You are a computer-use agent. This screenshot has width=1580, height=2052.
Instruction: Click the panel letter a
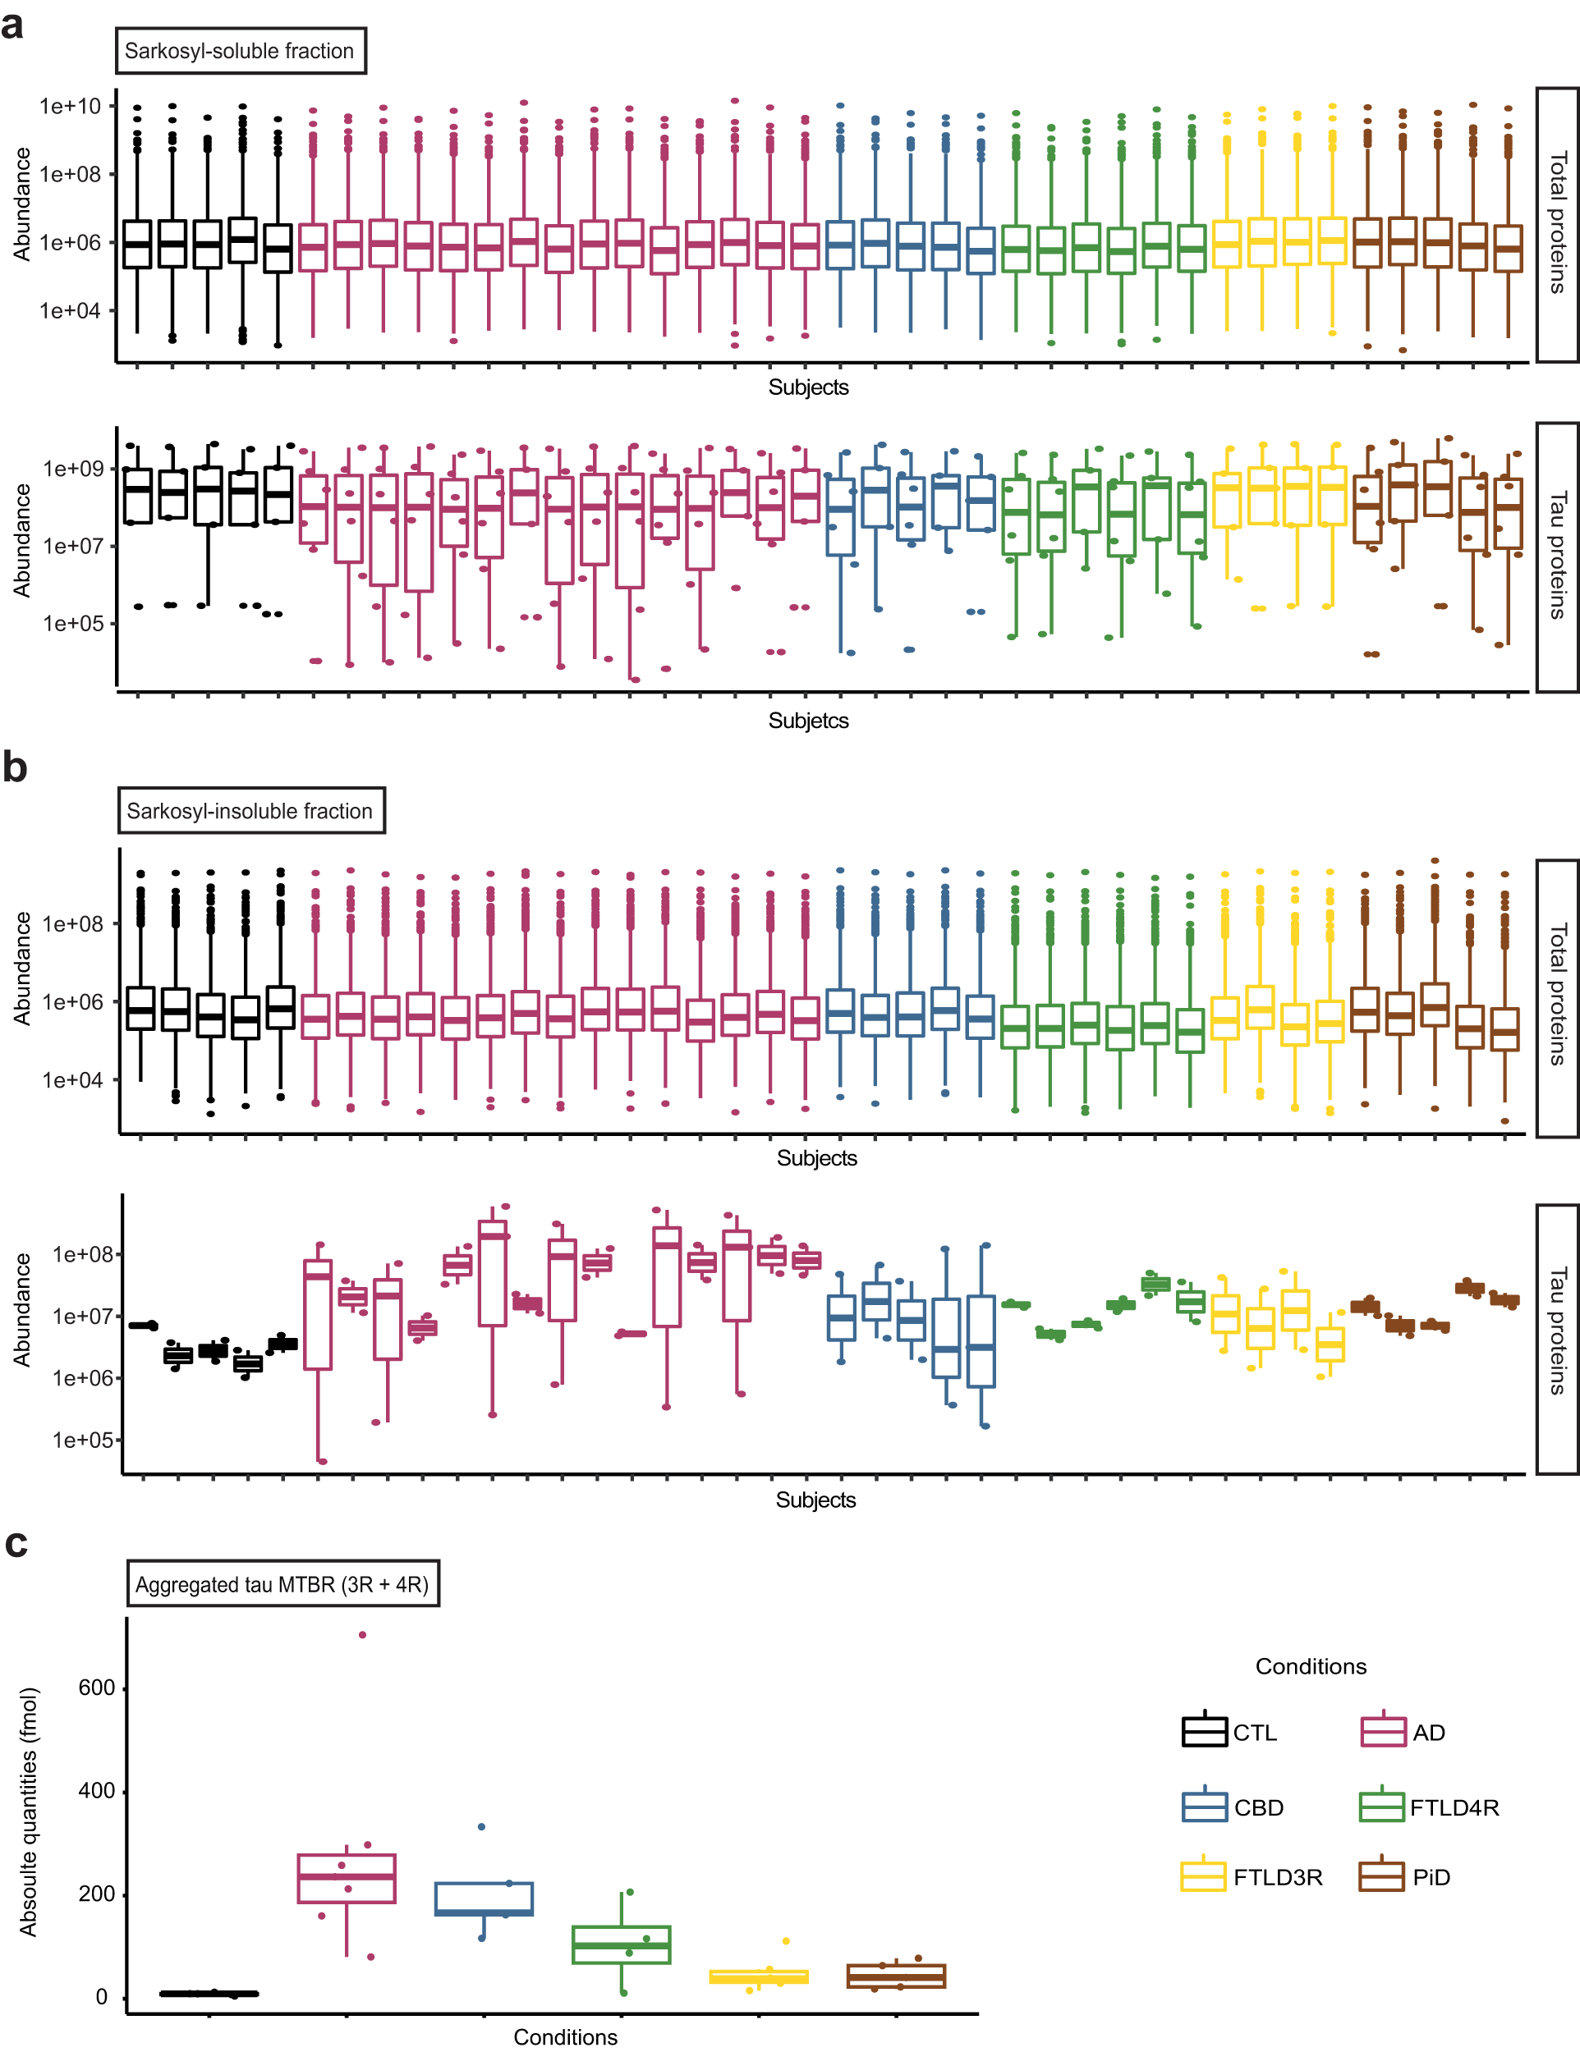[x=12, y=25]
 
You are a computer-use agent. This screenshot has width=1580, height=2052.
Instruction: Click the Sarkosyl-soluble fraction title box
[x=240, y=51]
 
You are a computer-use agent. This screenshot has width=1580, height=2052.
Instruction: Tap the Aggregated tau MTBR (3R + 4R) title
[x=282, y=1584]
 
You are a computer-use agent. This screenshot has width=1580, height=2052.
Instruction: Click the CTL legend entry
[x=1229, y=1733]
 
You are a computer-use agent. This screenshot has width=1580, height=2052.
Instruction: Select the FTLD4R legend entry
[x=1429, y=1807]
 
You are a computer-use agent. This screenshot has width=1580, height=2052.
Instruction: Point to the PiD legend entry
[x=1405, y=1877]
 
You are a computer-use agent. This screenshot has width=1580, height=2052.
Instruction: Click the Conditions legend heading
[x=1311, y=1666]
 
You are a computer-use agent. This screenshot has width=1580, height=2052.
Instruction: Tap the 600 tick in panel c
[x=96, y=1688]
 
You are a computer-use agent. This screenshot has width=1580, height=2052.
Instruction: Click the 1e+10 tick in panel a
[x=70, y=106]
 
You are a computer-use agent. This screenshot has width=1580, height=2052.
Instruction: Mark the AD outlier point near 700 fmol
[x=363, y=1635]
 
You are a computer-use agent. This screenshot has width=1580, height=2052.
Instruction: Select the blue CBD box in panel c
[x=484, y=1898]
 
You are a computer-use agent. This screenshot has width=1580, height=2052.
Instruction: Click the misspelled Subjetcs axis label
[x=807, y=721]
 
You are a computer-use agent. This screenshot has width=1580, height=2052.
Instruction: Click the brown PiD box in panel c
[x=896, y=1976]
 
